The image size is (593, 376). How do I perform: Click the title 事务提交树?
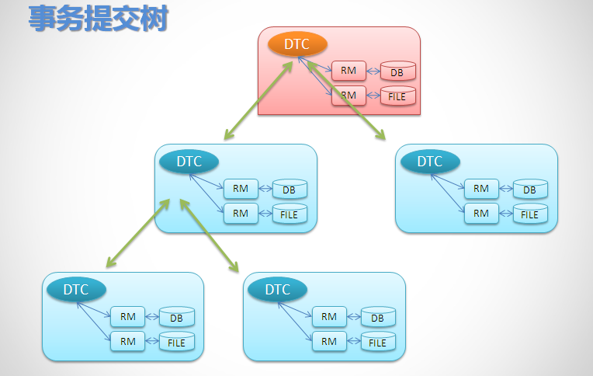(99, 19)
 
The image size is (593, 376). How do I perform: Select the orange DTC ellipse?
(296, 44)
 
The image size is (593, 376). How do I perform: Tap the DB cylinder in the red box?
(397, 72)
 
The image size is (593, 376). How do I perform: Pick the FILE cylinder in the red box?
(397, 96)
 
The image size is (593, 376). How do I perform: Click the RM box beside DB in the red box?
(349, 71)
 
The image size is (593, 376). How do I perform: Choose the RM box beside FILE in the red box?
(349, 95)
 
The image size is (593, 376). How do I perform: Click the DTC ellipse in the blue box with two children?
(189, 162)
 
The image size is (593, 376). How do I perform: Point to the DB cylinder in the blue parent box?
(290, 190)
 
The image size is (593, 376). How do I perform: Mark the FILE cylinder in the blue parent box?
(290, 214)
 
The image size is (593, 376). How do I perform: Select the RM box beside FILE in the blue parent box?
(241, 213)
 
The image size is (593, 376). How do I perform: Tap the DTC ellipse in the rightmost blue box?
(430, 162)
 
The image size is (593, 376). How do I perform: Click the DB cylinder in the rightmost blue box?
(530, 190)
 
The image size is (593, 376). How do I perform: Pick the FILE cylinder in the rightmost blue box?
(530, 214)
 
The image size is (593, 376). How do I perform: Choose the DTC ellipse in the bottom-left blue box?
(76, 290)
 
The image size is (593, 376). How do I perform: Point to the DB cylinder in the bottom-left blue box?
(177, 318)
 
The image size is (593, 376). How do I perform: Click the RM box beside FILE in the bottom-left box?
(128, 341)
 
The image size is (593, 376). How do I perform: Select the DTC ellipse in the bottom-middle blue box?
(278, 290)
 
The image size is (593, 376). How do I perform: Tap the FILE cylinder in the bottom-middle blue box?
(378, 342)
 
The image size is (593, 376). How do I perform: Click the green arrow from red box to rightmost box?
(346, 101)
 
